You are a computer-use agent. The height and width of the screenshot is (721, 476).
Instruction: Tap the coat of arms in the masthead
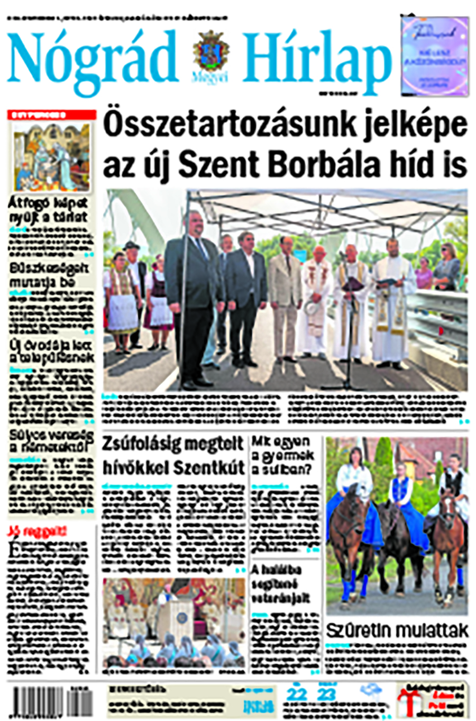pos(210,52)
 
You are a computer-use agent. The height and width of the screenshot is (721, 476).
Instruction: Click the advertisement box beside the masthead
pos(434,56)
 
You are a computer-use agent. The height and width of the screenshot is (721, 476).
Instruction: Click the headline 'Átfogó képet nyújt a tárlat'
pos(48,210)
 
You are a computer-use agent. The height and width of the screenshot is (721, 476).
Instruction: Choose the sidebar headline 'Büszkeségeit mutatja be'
pos(48,275)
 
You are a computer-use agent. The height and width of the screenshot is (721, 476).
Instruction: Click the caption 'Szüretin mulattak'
pos(397,630)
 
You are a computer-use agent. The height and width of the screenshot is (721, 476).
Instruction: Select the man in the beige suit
pos(286,302)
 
